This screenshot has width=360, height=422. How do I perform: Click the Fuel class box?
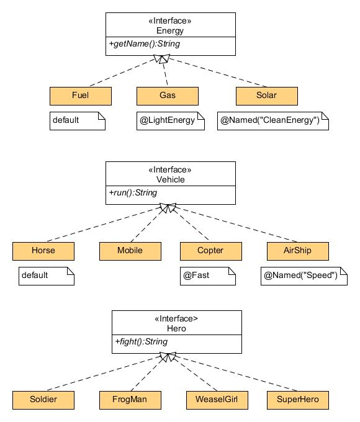pyautogui.click(x=81, y=96)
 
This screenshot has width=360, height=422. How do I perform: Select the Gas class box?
pyautogui.click(x=168, y=96)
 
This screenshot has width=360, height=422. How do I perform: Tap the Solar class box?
pyautogui.click(x=267, y=96)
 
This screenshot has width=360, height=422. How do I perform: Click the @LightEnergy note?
pyautogui.click(x=171, y=121)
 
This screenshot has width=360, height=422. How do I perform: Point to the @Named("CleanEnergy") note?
pyautogui.click(x=273, y=121)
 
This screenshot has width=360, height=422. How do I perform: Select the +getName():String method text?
pyautogui.click(x=145, y=43)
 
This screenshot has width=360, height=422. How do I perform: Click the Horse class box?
pyautogui.click(x=43, y=251)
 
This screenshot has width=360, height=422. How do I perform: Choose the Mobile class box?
pyautogui.click(x=130, y=251)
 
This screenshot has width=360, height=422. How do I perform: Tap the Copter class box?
pyautogui.click(x=211, y=251)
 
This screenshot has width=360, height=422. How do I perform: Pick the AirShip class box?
pyautogui.click(x=298, y=251)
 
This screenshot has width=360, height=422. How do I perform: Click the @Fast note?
pyautogui.click(x=208, y=276)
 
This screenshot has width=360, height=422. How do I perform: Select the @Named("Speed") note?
pyautogui.click(x=304, y=276)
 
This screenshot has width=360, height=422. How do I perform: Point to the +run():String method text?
pyautogui.click(x=133, y=193)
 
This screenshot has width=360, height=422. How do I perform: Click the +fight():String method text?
pyautogui.click(x=142, y=341)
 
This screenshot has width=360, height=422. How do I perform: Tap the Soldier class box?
pyautogui.click(x=43, y=400)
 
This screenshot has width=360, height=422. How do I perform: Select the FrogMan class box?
pyautogui.click(x=130, y=400)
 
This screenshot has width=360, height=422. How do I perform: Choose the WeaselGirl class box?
pyautogui.click(x=217, y=400)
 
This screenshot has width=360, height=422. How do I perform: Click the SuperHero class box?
pyautogui.click(x=298, y=400)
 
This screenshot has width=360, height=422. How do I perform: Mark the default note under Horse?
pyautogui.click(x=47, y=276)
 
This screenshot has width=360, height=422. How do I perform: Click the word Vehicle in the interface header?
pyautogui.click(x=171, y=179)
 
